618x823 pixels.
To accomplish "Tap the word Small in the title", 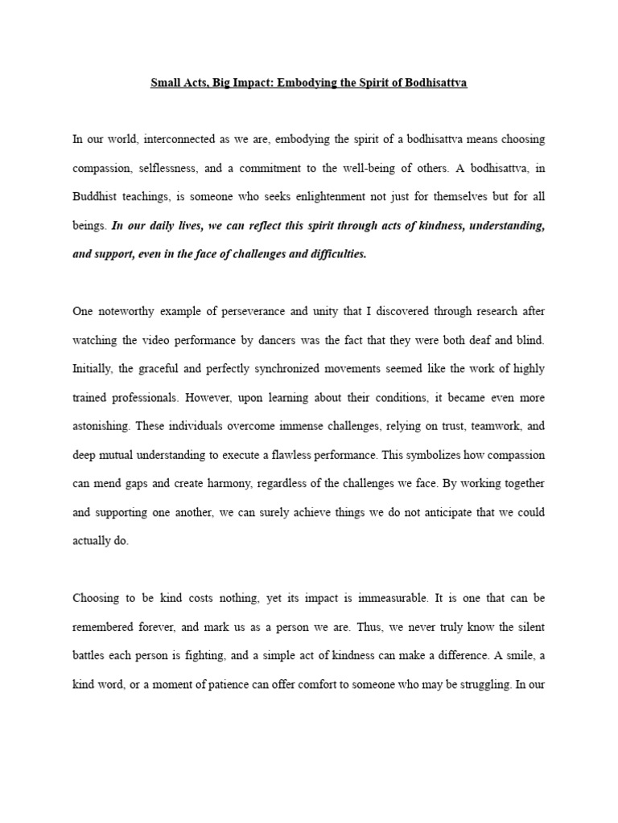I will tap(165, 83).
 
